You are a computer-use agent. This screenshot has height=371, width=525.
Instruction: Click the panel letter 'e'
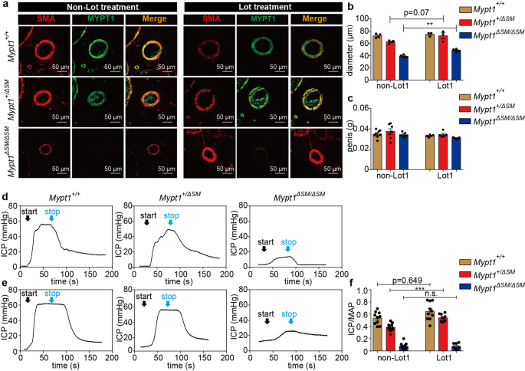5,283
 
